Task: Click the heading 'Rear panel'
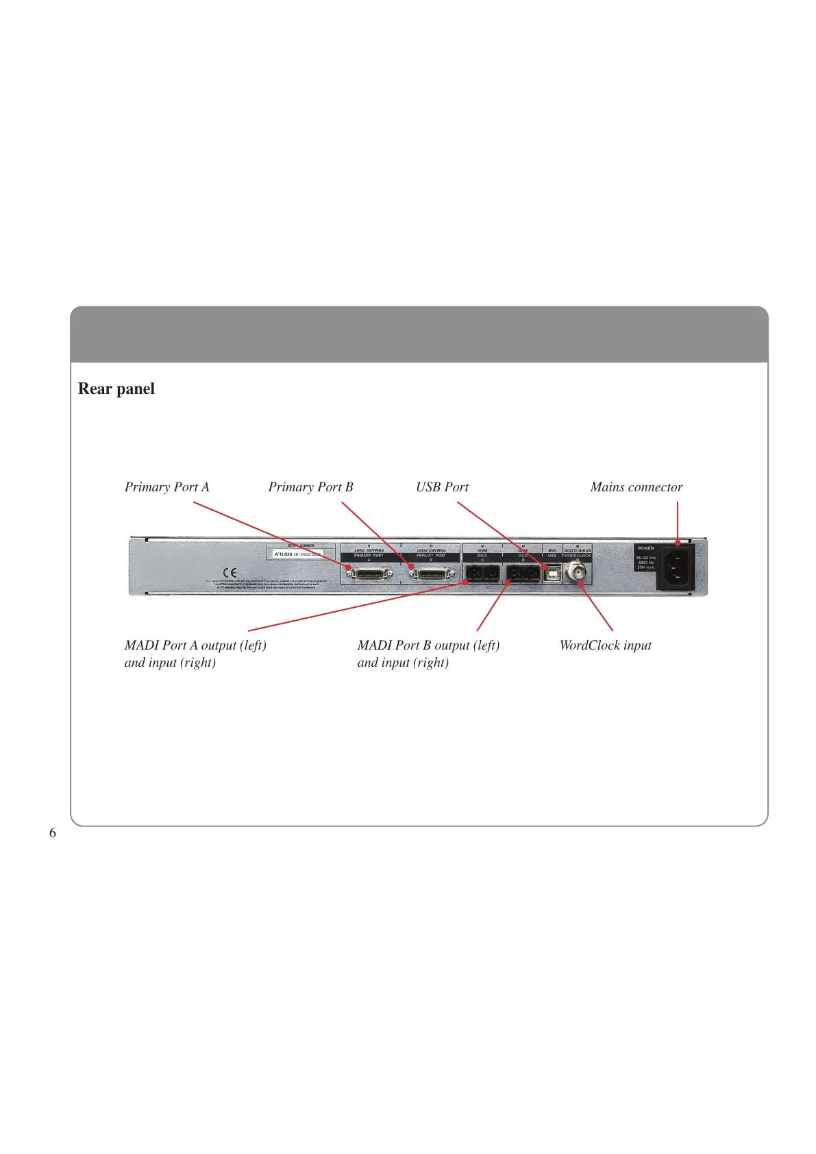116,389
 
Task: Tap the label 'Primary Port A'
166,487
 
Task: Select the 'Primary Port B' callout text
310,487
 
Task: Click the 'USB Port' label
442,487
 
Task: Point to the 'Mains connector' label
636,487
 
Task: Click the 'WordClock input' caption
605,646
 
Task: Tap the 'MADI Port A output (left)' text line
195,646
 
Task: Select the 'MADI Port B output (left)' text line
428,646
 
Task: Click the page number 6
53,833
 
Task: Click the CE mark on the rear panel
230,572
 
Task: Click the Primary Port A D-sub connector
369,572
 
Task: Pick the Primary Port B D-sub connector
432,572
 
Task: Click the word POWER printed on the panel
645,548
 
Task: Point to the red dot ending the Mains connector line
678,543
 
